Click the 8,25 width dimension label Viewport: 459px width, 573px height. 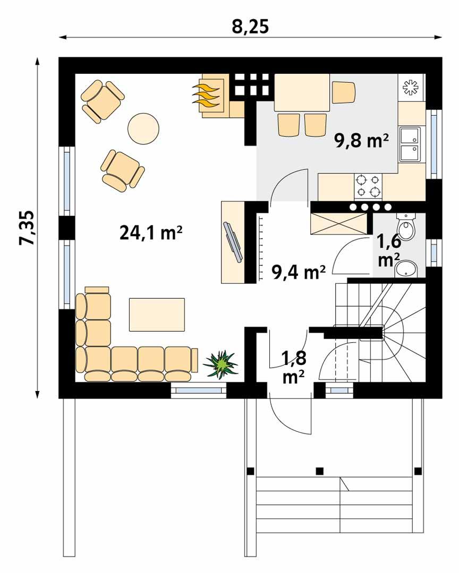pyautogui.click(x=250, y=27)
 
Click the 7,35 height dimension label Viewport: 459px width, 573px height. pyautogui.click(x=27, y=228)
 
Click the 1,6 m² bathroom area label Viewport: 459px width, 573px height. pyautogui.click(x=388, y=250)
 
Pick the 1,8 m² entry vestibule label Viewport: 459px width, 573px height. pyautogui.click(x=293, y=367)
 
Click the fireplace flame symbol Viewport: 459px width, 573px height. pyautogui.click(x=207, y=94)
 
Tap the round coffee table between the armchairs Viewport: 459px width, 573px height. pyautogui.click(x=143, y=128)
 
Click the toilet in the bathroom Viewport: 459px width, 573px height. pyautogui.click(x=407, y=227)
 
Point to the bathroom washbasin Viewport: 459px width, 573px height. pyautogui.click(x=407, y=270)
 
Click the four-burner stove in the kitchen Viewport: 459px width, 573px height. pyautogui.click(x=368, y=185)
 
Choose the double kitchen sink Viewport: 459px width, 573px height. pyautogui.click(x=410, y=144)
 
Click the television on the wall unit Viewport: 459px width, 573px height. pyautogui.click(x=234, y=242)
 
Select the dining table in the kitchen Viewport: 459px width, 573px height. pyautogui.click(x=301, y=92)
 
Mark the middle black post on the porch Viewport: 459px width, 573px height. pyautogui.click(x=319, y=470)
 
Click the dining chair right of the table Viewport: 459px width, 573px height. pyautogui.click(x=343, y=92)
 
